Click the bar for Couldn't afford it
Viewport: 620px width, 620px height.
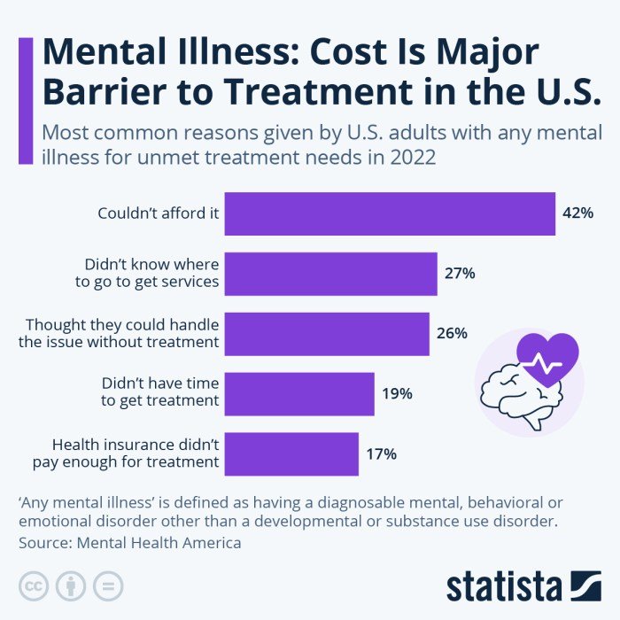point(390,213)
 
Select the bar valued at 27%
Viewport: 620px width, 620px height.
point(330,274)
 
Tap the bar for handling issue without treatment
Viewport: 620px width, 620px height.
point(327,334)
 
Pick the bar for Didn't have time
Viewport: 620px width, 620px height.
point(299,394)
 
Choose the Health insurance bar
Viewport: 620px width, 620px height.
point(291,454)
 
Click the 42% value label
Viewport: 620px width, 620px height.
point(577,213)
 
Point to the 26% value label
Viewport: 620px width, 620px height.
point(452,334)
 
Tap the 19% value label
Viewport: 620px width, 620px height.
point(397,394)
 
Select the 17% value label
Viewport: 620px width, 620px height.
point(381,454)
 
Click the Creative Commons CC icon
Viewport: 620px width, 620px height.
point(34,585)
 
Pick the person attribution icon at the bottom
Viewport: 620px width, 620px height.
point(70,585)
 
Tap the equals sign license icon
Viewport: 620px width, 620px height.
point(107,585)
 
